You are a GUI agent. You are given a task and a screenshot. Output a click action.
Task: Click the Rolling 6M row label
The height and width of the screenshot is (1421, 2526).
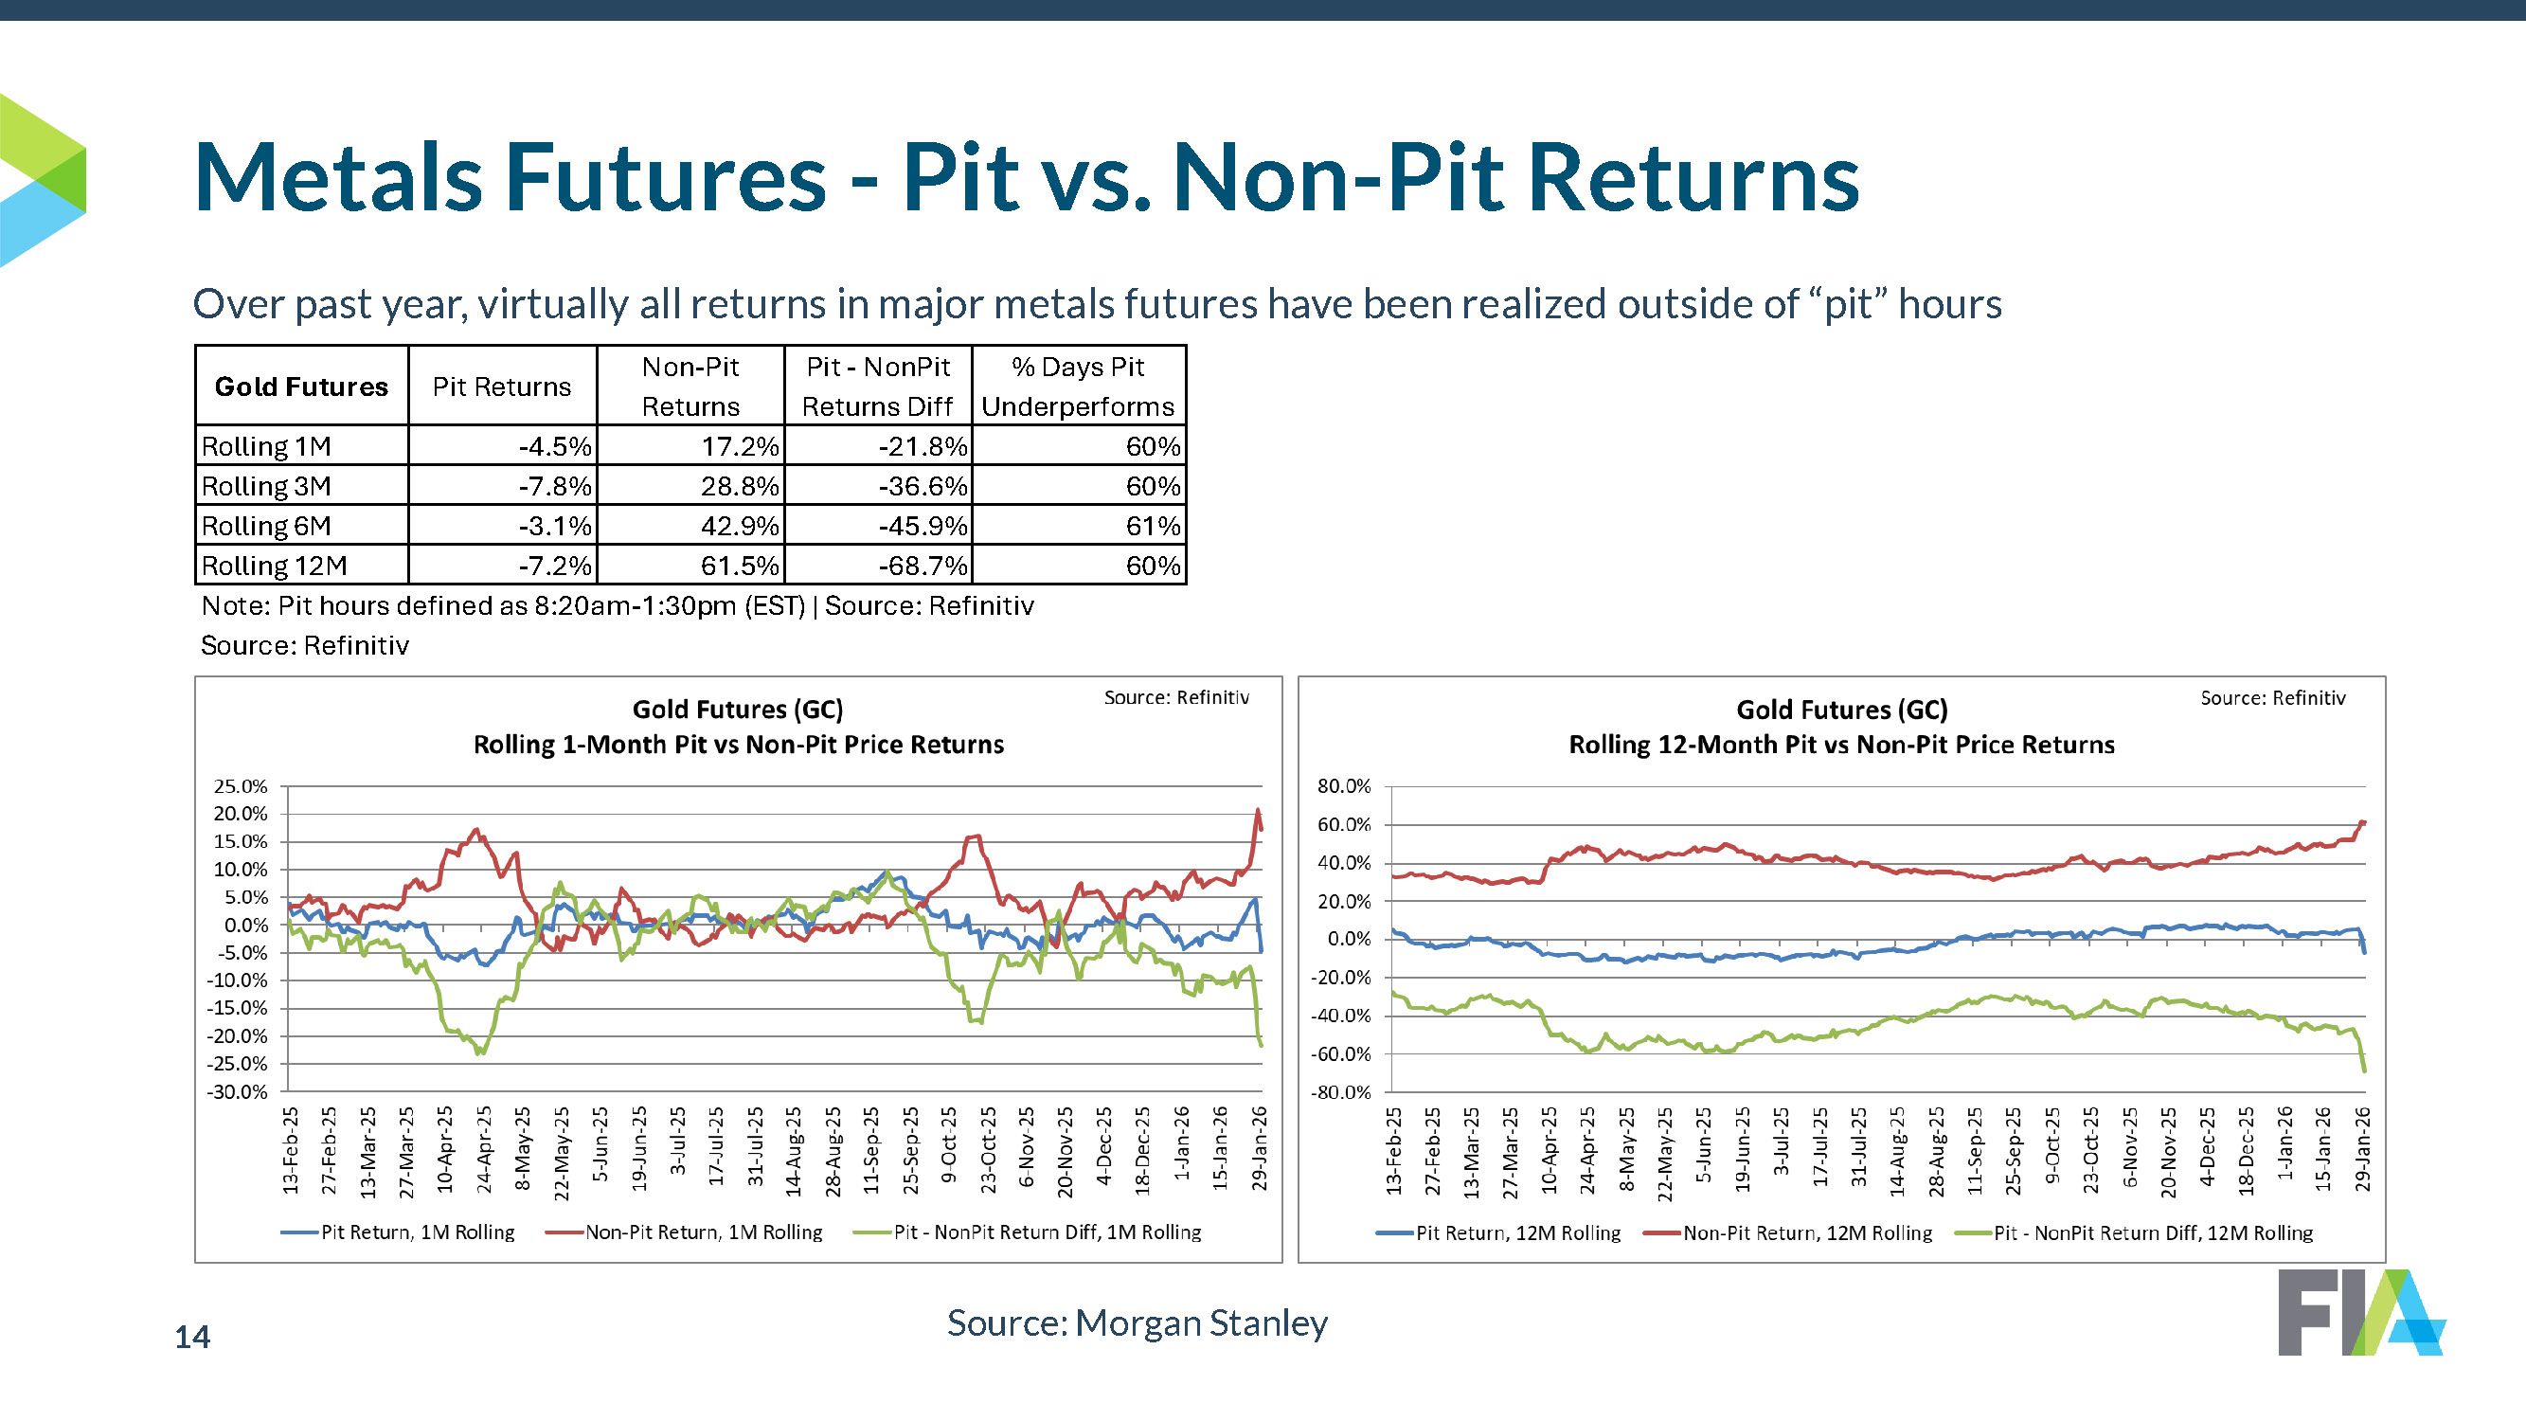click(266, 527)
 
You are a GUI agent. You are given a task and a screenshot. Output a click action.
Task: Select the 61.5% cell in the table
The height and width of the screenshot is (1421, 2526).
click(740, 566)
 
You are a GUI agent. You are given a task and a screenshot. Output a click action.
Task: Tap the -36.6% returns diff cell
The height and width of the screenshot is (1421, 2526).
click(922, 486)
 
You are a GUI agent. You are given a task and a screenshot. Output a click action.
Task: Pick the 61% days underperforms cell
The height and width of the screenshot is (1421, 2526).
click(1153, 527)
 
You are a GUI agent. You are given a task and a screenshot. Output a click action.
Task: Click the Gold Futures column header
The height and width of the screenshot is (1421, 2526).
click(301, 387)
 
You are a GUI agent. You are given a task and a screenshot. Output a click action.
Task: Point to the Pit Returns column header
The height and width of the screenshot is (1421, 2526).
click(501, 387)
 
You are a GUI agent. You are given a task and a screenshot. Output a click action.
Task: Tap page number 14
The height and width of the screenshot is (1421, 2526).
click(192, 1337)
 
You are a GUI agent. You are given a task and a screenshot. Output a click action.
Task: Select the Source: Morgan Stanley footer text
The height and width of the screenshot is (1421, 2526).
click(1137, 1322)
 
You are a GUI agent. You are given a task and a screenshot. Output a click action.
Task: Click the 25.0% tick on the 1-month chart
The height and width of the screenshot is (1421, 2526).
click(241, 786)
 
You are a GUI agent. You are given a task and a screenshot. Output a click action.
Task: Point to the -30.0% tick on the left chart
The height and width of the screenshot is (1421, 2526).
click(238, 1091)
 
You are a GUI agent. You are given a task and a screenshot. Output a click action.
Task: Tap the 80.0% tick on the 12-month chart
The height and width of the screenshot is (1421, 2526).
click(1343, 786)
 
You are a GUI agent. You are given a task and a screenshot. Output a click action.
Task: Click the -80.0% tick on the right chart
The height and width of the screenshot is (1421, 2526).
click(1340, 1092)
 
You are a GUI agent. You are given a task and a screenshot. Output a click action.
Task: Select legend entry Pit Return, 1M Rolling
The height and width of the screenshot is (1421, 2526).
click(417, 1232)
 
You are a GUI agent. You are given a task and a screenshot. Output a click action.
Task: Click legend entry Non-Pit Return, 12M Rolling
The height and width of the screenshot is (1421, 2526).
click(1806, 1232)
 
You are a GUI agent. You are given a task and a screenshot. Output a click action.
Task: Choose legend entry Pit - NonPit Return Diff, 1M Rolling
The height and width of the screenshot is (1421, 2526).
click(1047, 1232)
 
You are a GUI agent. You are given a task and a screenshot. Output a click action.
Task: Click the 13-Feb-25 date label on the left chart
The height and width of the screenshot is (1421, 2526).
click(291, 1149)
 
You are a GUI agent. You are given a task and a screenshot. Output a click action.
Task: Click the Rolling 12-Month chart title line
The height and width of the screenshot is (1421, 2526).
click(1840, 745)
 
